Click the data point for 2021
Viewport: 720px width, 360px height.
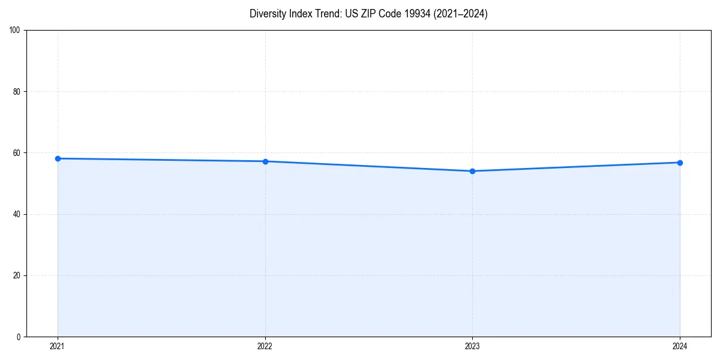pos(58,158)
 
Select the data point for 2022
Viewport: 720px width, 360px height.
pos(265,161)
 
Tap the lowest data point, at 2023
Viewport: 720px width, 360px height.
pos(472,171)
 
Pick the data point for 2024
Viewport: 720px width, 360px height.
pos(680,163)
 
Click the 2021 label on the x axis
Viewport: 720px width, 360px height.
pos(58,346)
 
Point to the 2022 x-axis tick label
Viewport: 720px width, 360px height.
pos(265,346)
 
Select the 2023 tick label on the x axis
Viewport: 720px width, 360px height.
pos(472,346)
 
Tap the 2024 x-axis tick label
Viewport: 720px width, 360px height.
pos(680,346)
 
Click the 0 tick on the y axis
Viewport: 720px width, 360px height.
pos(19,337)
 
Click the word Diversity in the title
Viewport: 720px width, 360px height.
pos(266,14)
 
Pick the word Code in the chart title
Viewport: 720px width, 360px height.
pos(389,14)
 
